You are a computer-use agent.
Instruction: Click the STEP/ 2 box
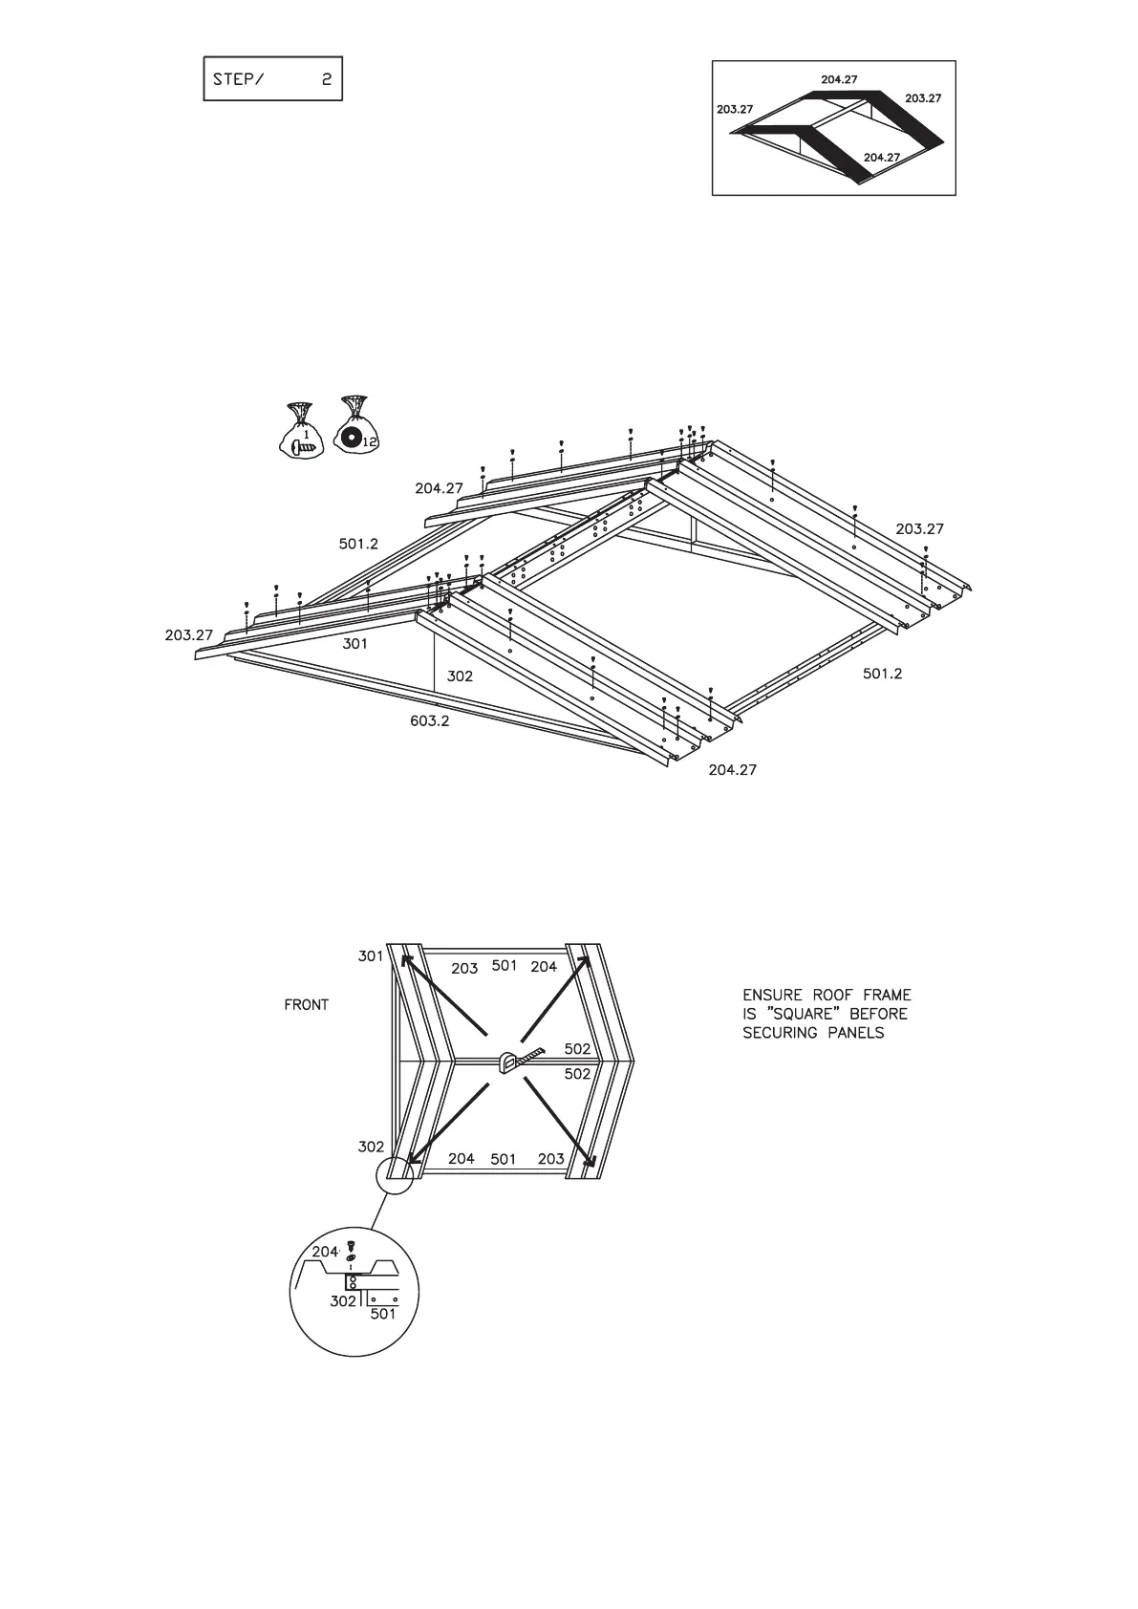(x=272, y=79)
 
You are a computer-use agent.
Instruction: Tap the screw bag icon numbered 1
(x=302, y=432)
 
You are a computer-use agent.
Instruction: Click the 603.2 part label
(x=430, y=720)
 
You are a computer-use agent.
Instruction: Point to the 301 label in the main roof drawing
(x=354, y=644)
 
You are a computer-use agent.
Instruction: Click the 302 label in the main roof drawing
(x=460, y=676)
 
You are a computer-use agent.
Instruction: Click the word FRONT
(x=306, y=1005)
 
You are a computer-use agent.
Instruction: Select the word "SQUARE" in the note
(x=799, y=1014)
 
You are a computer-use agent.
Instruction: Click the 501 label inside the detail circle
(x=382, y=1314)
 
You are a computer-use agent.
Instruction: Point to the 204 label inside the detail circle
(x=326, y=1252)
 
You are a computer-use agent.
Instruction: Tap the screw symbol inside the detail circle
(x=351, y=1245)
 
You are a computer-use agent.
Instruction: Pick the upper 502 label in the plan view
(x=577, y=1049)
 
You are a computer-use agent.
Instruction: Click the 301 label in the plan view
(x=371, y=956)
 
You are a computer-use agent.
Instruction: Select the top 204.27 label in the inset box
(x=839, y=80)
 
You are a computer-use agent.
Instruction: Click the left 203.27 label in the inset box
(x=735, y=110)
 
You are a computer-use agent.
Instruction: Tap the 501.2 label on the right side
(x=882, y=674)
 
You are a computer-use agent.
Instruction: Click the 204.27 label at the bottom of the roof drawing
(x=732, y=769)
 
